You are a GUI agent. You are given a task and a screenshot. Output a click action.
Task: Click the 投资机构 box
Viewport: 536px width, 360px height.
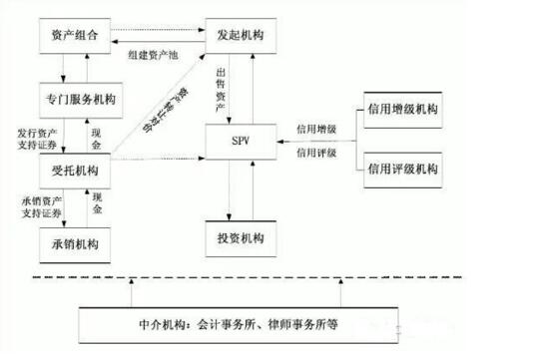(241, 240)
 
